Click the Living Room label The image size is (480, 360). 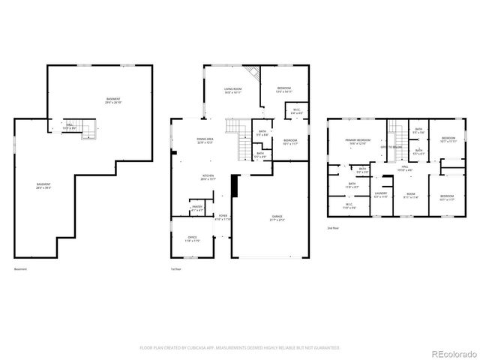[232, 91]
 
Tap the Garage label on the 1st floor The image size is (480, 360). [277, 218]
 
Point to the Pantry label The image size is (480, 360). [197, 208]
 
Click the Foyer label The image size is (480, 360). [223, 217]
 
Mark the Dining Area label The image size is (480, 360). [206, 141]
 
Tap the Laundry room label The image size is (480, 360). [381, 194]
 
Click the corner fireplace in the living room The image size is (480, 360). [255, 73]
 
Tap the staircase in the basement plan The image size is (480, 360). [89, 131]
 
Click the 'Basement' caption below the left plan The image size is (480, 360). [21, 269]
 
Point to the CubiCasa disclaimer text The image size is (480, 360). [239, 347]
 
